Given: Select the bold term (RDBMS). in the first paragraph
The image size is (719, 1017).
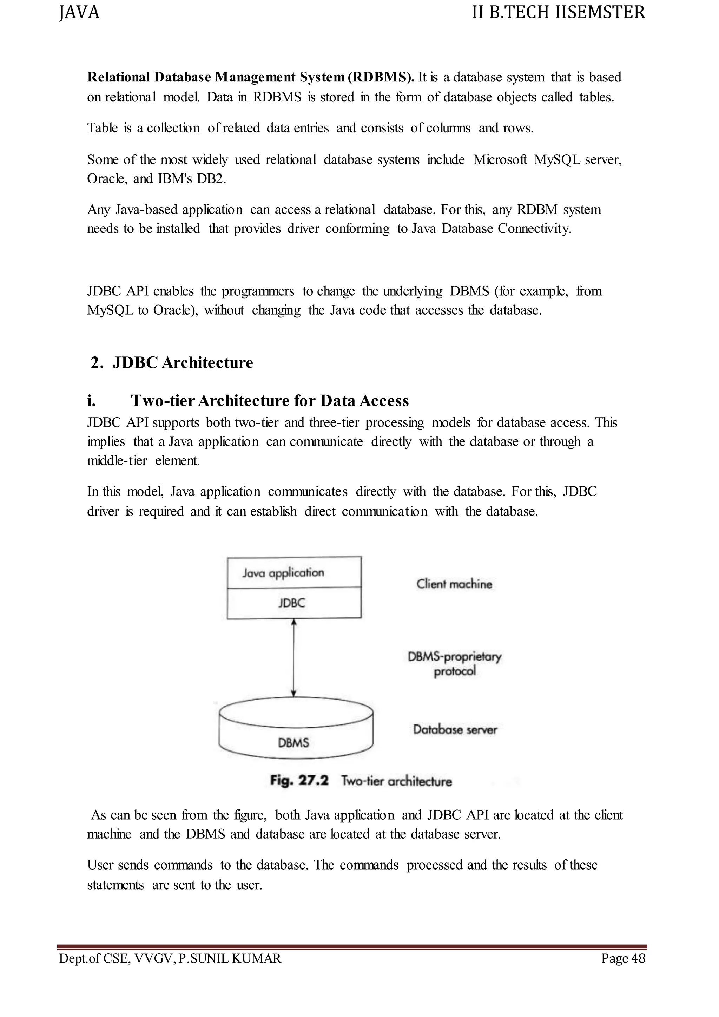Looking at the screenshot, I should tap(381, 78).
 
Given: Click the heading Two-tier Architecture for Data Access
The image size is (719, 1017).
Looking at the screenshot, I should tap(270, 401).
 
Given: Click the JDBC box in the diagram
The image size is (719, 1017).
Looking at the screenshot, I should tap(292, 603).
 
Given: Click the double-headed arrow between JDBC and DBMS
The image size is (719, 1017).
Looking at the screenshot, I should tap(294, 658).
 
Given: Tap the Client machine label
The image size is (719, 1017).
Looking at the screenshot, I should tap(454, 584).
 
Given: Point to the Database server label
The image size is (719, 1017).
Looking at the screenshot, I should tap(455, 729).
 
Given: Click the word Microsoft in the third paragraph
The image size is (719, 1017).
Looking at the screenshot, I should tap(500, 159).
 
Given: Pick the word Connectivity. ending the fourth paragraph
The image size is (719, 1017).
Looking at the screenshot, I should tap(534, 229).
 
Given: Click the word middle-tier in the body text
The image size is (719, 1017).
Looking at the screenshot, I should tap(117, 461).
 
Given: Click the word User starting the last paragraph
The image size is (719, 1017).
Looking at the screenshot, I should tap(99, 865).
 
